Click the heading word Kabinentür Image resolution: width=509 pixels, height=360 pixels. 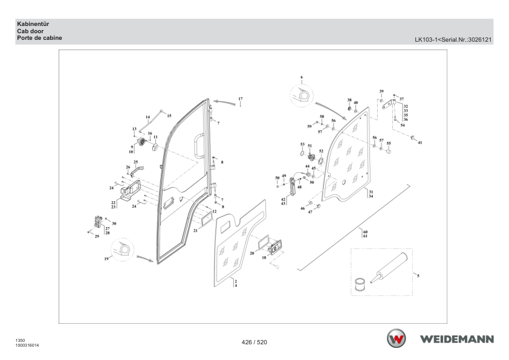pyautogui.click(x=33, y=24)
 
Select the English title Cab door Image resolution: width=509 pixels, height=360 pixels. pyautogui.click(x=30, y=31)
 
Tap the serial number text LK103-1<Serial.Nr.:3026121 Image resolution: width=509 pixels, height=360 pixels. pyautogui.click(x=453, y=40)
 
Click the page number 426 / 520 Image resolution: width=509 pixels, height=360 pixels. pyautogui.click(x=254, y=342)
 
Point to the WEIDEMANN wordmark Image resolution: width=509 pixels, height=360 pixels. pyautogui.click(x=457, y=339)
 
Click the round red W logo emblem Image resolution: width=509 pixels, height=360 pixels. pyautogui.click(x=396, y=338)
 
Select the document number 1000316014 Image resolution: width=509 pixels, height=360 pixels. pyautogui.click(x=27, y=346)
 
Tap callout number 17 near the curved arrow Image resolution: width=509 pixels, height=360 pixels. pyautogui.click(x=240, y=98)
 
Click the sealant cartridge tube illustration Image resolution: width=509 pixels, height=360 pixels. pyautogui.click(x=389, y=268)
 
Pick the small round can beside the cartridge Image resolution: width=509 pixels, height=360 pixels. pyautogui.click(x=360, y=284)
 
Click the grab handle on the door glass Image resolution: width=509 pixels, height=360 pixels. pyautogui.click(x=199, y=146)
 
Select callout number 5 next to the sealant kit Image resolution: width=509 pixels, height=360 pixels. pyautogui.click(x=418, y=275)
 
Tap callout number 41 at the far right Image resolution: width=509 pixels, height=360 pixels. pyautogui.click(x=420, y=143)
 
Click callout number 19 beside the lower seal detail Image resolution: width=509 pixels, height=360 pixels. pyautogui.click(x=106, y=259)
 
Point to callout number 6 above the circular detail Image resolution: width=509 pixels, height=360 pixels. pyautogui.click(x=302, y=77)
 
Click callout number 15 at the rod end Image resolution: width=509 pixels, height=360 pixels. pyautogui.click(x=169, y=115)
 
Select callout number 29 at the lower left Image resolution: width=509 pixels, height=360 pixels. pyautogui.click(x=97, y=236)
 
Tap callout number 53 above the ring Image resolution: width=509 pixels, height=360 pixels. pyautogui.click(x=302, y=144)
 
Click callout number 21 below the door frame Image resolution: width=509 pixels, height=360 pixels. pyautogui.click(x=195, y=231)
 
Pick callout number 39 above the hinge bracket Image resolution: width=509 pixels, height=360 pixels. pyautogui.click(x=381, y=91)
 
